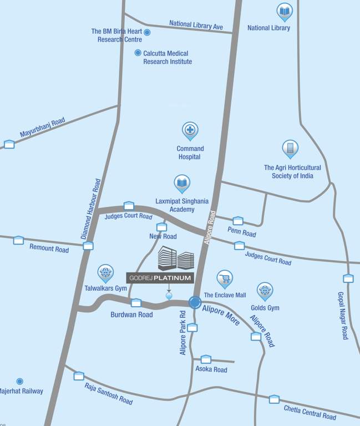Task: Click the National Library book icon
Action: pyautogui.click(x=285, y=11)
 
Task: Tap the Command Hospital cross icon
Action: pyautogui.click(x=190, y=130)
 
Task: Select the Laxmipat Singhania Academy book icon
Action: pyautogui.click(x=182, y=182)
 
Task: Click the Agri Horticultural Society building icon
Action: pyautogui.click(x=290, y=148)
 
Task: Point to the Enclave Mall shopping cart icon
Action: pyautogui.click(x=225, y=278)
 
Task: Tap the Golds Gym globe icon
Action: pyautogui.click(x=265, y=290)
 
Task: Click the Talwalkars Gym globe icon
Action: pyautogui.click(x=105, y=272)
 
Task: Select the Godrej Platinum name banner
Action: pyautogui.click(x=160, y=278)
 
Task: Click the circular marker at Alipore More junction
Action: pyautogui.click(x=195, y=302)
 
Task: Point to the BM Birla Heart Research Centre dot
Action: pyautogui.click(x=147, y=32)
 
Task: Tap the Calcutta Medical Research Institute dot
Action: pyautogui.click(x=138, y=53)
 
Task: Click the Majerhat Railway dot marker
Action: pyautogui.click(x=19, y=381)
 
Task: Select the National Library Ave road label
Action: pyautogui.click(x=196, y=25)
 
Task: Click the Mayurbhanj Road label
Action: pyautogui.click(x=42, y=127)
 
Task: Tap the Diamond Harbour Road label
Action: pyautogui.click(x=91, y=209)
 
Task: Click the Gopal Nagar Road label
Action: pyautogui.click(x=342, y=315)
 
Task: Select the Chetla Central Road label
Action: pyautogui.click(x=310, y=412)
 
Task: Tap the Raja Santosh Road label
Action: pyautogui.click(x=108, y=393)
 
